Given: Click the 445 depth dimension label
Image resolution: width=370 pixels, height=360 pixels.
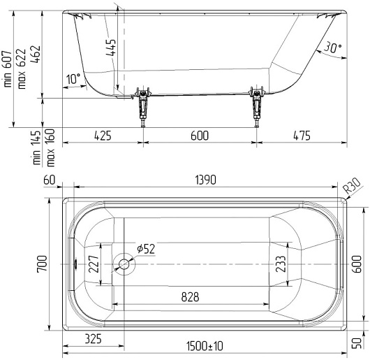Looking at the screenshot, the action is [111, 48].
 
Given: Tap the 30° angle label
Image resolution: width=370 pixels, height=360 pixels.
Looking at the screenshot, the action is [333, 48].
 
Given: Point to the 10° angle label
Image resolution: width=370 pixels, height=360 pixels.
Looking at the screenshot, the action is [73, 79].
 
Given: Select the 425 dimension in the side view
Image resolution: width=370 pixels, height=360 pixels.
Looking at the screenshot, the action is [103, 136].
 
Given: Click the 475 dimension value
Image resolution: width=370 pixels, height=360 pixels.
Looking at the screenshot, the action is [302, 136].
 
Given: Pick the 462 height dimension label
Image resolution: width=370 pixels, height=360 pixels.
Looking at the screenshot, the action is [36, 55].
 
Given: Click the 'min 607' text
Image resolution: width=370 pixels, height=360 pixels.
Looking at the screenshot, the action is [7, 69].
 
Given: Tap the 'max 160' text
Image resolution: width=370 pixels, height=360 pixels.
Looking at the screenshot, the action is [50, 147].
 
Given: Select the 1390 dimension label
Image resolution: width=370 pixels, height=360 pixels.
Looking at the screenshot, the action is [205, 180].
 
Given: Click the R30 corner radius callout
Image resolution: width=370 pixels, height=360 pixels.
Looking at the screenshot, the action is [352, 185].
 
